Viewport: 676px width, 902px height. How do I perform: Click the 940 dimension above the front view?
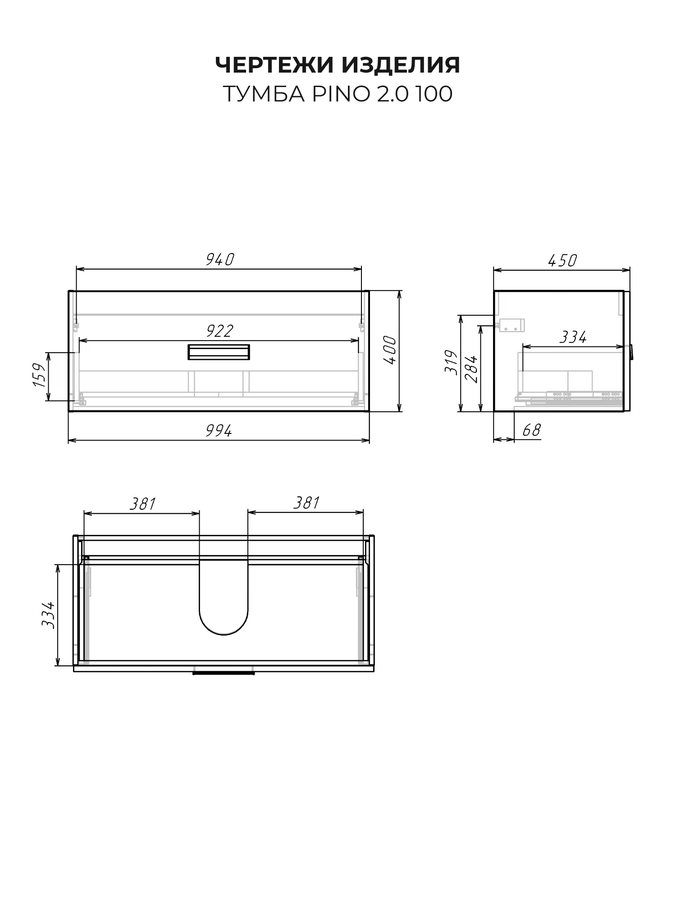click(220, 260)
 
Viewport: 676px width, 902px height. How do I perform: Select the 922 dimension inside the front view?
click(219, 331)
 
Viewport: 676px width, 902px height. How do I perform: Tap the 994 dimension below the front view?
click(219, 431)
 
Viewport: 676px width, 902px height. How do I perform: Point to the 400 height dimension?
click(390, 350)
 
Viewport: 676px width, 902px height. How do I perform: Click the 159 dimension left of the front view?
click(39, 375)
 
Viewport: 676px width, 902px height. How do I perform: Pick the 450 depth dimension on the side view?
click(562, 261)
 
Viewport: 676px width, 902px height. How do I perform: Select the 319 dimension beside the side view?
click(451, 362)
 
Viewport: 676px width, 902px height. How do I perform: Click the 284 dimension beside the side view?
click(470, 369)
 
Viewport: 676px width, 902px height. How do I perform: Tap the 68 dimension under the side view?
click(531, 431)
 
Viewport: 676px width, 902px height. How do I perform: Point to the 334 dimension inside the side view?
click(573, 337)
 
